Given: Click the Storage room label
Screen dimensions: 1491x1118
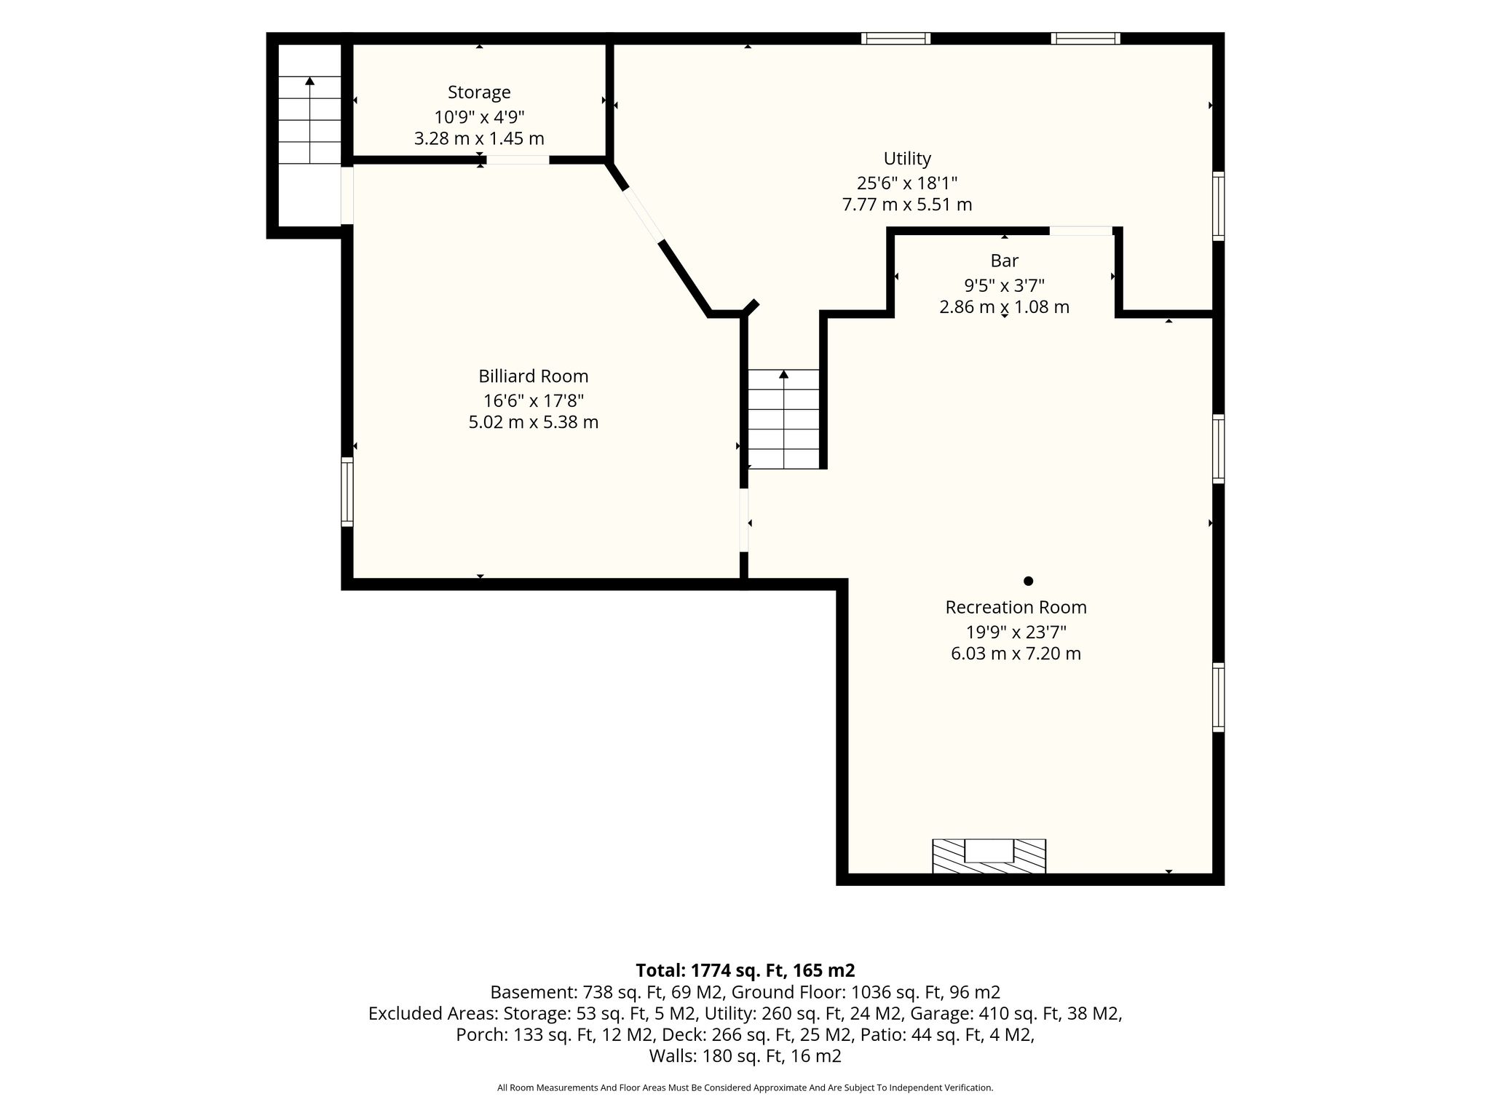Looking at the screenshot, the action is click(479, 92).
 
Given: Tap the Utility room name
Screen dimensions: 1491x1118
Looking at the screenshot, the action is click(907, 159).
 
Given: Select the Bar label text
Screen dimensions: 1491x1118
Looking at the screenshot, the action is click(1005, 261).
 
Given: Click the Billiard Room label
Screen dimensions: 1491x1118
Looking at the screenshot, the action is click(534, 376).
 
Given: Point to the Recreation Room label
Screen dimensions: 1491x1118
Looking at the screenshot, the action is click(1016, 607).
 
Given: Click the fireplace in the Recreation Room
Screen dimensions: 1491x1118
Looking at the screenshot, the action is click(989, 856).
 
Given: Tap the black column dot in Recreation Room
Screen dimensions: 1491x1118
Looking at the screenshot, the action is click(1028, 581).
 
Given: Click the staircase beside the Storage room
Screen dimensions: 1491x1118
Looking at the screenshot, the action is click(309, 120).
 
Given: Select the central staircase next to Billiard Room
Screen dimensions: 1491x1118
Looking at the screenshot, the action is click(784, 419).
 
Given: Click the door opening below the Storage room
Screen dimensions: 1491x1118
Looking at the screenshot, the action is click(518, 160).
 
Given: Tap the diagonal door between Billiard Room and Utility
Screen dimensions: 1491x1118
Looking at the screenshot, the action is click(643, 215).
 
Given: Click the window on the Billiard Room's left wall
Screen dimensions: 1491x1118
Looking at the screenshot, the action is click(347, 491).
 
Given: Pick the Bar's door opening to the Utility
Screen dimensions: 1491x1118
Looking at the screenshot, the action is click(1080, 231).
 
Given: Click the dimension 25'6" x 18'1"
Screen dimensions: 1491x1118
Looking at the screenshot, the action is click(907, 182).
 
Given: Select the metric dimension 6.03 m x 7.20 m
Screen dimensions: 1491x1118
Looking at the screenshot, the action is click(1016, 654).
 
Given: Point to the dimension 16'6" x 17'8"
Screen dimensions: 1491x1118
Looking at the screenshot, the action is click(534, 400).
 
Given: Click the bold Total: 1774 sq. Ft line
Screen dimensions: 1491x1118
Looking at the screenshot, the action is click(745, 970).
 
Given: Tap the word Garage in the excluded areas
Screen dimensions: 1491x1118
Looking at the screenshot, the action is click(961, 1013).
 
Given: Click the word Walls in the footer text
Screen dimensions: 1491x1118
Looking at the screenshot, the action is click(670, 1056).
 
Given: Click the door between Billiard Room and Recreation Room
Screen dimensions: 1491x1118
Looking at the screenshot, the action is click(744, 520).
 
